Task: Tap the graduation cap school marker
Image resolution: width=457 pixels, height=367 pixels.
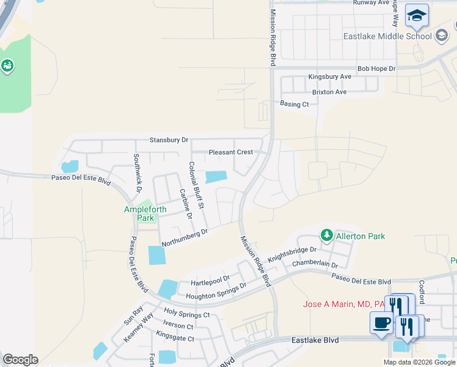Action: point(417,16)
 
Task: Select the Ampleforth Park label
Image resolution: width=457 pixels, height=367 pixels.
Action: point(139,213)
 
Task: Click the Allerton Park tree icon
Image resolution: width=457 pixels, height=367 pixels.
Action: point(327,235)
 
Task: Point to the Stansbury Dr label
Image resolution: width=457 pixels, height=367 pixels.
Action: point(169,140)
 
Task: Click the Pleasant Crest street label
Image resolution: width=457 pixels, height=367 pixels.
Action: point(230,152)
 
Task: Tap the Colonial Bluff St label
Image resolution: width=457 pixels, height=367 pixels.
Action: point(197,185)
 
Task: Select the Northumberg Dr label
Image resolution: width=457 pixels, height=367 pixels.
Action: point(185,237)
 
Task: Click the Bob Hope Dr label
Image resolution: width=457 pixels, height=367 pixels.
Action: point(376,69)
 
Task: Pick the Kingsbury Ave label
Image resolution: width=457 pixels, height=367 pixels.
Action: point(330,77)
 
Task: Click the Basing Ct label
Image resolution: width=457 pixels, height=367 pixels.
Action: point(294,105)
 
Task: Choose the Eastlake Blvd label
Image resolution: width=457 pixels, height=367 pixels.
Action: point(315,339)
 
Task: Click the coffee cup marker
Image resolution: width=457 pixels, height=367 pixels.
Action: point(382,322)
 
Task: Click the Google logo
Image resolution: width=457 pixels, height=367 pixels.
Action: point(20,360)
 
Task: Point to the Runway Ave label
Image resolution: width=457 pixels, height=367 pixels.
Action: point(371,3)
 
